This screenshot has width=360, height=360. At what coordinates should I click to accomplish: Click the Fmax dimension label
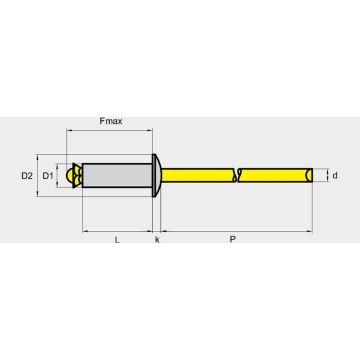coord(111,121)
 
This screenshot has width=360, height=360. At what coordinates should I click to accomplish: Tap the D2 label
coord(27,176)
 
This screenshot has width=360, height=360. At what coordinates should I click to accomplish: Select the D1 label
coord(48,176)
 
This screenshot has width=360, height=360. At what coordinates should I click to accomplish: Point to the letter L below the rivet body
coord(117,240)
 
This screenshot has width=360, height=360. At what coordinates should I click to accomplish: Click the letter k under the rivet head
coord(157,240)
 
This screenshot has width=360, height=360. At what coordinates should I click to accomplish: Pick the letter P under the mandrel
coord(233,240)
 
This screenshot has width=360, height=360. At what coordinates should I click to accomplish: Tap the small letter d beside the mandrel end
coord(335,176)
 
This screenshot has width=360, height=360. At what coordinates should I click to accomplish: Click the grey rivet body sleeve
coord(117,176)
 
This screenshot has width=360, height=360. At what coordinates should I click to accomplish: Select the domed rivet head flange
coord(157,175)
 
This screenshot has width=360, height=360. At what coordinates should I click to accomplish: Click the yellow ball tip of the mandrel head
coord(70,175)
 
